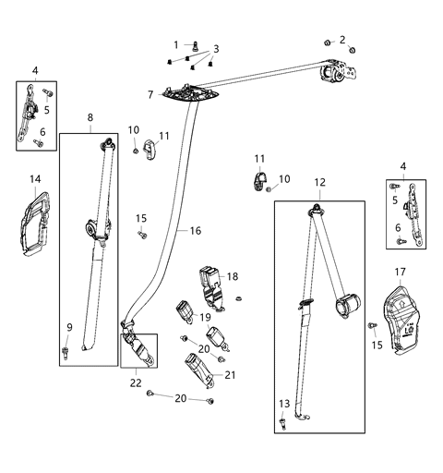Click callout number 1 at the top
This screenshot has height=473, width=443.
176,44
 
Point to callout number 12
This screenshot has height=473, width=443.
318,183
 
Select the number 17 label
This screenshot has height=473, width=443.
400,272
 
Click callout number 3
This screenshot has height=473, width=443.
215,48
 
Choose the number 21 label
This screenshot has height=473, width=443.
231,374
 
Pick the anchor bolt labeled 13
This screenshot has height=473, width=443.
281,423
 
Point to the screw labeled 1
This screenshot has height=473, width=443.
196,44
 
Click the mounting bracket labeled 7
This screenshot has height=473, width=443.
192,94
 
